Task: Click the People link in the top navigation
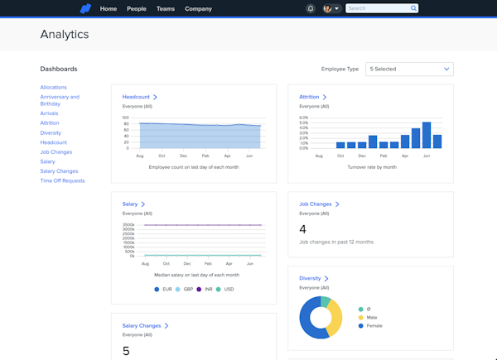point(136,8)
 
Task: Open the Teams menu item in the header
point(165,8)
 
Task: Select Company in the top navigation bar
point(198,8)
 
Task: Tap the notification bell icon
point(311,8)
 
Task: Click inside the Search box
point(377,8)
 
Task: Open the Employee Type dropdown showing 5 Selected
point(409,69)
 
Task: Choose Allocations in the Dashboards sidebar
point(53,87)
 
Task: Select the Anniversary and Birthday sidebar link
point(60,100)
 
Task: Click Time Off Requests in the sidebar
point(62,180)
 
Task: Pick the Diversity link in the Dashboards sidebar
point(51,132)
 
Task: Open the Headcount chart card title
point(137,97)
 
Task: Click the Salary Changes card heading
point(142,326)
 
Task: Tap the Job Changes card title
point(316,204)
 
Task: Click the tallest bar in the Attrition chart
point(427,135)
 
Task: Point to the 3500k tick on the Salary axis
point(128,224)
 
